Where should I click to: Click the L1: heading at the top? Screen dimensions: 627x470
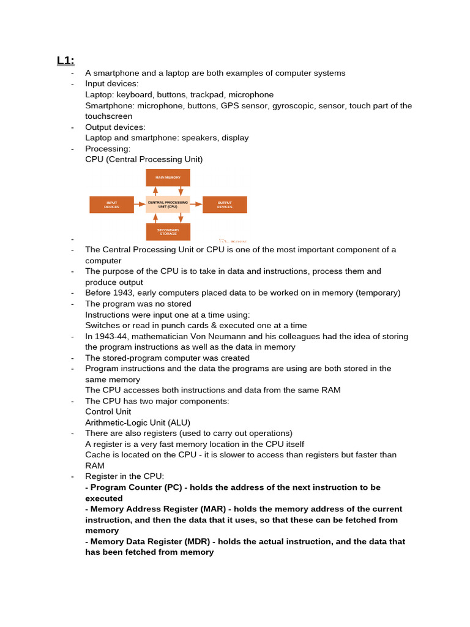65,60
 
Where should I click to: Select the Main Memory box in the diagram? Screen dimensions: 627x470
168,178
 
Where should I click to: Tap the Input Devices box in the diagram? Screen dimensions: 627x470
111,205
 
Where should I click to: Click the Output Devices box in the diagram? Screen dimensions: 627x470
225,205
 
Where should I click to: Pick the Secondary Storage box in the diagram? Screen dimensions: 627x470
168,231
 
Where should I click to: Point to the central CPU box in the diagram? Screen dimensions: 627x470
168,205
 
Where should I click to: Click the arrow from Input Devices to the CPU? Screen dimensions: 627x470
140,205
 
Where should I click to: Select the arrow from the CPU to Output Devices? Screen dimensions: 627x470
196,205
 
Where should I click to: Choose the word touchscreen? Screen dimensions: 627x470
108,116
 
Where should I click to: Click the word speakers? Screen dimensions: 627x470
200,138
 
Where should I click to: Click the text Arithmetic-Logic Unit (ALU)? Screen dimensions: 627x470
138,422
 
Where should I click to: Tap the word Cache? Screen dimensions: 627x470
97,455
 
